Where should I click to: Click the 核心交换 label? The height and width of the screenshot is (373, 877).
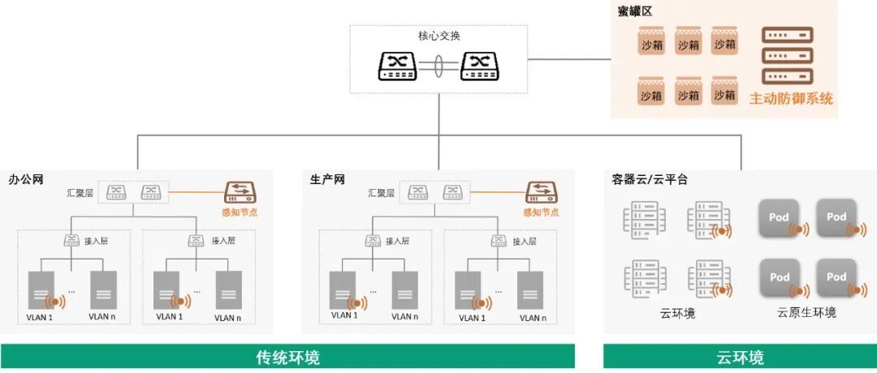click(438, 36)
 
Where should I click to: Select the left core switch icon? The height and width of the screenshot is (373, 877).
click(397, 66)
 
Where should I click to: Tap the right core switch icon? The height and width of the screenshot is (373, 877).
click(480, 66)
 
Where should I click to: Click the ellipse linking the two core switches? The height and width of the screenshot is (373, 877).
click(438, 66)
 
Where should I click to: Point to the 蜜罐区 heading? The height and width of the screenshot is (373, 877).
click(634, 11)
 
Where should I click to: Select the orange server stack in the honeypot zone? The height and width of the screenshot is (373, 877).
click(786, 57)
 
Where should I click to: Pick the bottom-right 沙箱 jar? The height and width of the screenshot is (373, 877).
click(724, 92)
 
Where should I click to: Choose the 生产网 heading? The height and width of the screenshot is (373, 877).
click(327, 179)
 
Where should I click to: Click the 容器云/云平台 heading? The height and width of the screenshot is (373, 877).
click(650, 179)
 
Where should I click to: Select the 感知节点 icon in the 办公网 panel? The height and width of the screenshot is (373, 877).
click(241, 192)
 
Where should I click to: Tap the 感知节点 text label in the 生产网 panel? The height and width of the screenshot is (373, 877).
click(542, 212)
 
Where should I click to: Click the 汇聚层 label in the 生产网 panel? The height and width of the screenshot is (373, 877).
click(381, 193)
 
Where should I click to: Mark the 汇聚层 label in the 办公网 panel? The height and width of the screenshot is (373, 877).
click(80, 193)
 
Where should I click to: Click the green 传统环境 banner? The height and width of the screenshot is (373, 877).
click(287, 357)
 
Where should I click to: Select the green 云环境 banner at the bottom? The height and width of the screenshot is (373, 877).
click(739, 357)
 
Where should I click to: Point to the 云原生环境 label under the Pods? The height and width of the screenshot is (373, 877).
click(806, 313)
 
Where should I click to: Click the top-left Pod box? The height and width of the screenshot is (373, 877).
click(780, 217)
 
